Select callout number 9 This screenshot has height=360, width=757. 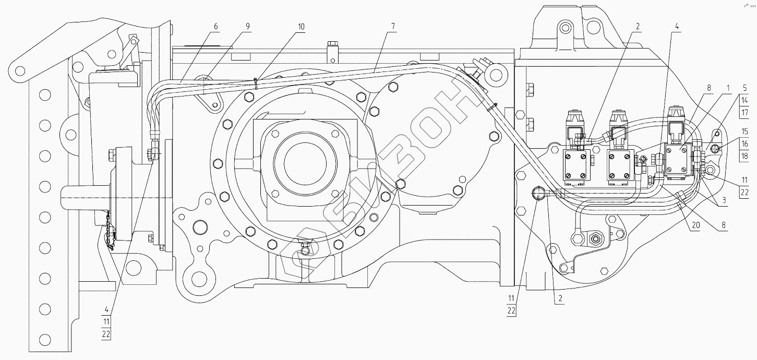247,26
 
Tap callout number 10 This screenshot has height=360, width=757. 301,26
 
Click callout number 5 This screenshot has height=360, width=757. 745,88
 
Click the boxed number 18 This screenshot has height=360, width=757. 745,155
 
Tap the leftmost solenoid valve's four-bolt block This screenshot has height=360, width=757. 576,165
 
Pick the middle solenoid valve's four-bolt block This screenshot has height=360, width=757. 620,165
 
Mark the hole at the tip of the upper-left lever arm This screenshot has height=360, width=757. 20,69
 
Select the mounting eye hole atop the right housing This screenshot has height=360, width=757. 563,27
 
